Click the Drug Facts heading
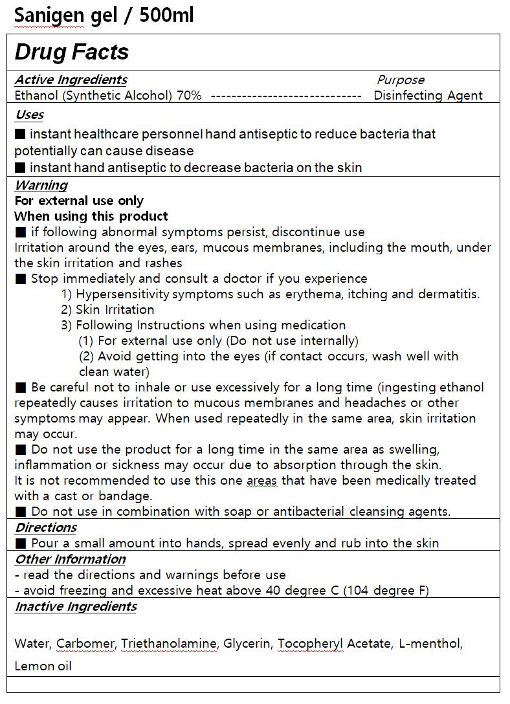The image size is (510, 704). (x=72, y=52)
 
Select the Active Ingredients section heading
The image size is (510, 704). (x=71, y=80)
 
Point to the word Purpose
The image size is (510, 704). (x=401, y=80)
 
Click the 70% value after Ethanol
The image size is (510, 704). (x=189, y=96)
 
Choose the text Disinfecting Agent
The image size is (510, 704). (x=428, y=96)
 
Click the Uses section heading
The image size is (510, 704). (x=29, y=115)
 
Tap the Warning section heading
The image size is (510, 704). (x=41, y=185)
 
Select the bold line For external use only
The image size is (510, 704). (x=79, y=201)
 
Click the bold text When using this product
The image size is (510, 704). (x=91, y=216)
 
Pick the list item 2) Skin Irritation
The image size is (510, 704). (x=107, y=310)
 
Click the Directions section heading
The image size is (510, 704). (x=46, y=528)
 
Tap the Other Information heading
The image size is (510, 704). (x=70, y=559)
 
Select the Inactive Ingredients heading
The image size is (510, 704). (x=76, y=607)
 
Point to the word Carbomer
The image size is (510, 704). (x=85, y=644)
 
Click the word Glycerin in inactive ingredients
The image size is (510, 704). (x=248, y=644)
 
